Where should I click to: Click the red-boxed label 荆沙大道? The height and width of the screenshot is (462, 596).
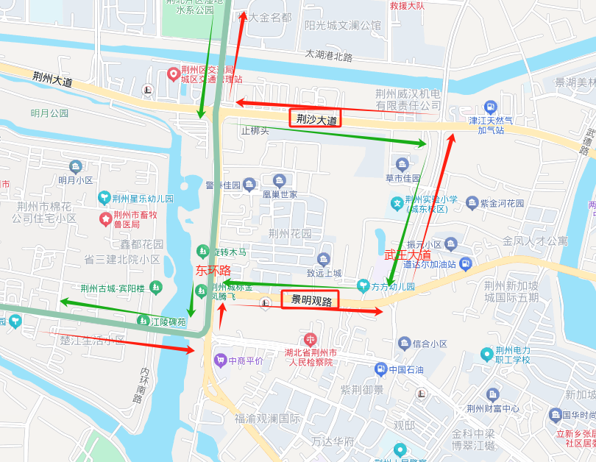coord(316,118)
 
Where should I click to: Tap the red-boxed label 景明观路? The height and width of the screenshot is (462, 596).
coord(310,300)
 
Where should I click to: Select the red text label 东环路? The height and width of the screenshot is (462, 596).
coord(213,271)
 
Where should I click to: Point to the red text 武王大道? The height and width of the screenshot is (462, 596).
coord(408,255)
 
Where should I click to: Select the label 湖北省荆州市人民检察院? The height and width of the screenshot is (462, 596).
coord(311,357)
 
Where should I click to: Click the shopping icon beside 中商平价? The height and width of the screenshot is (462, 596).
coord(220,360)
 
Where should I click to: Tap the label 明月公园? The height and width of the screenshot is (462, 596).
coord(49,113)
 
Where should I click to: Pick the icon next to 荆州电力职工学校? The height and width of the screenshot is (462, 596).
coord(486,355)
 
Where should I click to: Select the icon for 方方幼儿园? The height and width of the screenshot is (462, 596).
coord(362,285)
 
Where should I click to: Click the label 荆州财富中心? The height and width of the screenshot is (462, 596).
coord(493,409)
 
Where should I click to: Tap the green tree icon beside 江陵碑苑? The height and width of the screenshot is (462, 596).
coord(143,320)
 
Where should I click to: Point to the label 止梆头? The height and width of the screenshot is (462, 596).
coord(255,130)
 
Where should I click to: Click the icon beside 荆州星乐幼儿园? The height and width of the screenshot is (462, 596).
coord(105,198)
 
